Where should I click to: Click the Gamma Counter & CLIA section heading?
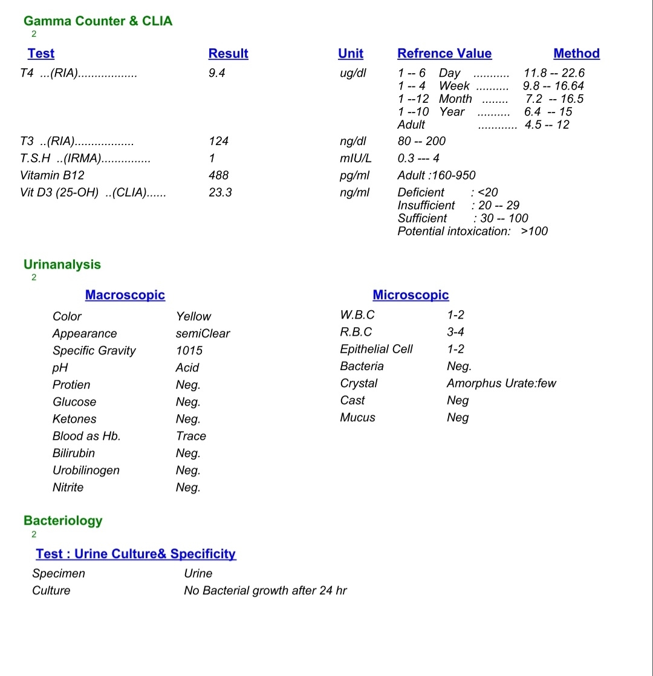98,21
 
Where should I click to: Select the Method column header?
576,53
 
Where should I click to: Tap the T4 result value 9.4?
217,73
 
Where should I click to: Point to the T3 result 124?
218,141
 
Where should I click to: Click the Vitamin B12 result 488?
218,175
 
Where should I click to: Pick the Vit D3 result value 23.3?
220,192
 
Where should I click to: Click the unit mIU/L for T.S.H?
355,158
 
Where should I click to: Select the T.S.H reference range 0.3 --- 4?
418,158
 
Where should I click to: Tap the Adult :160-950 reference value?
437,175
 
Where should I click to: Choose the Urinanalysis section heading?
62,264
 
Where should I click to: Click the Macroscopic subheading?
125,295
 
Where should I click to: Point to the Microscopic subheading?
411,295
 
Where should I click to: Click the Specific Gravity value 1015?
189,351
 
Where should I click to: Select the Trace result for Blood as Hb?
191,436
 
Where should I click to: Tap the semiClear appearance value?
203,334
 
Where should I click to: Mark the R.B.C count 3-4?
455,332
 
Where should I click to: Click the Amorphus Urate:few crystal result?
501,383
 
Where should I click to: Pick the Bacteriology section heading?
63,521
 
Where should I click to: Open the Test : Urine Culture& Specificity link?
135,554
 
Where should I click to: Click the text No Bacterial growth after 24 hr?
265,591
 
